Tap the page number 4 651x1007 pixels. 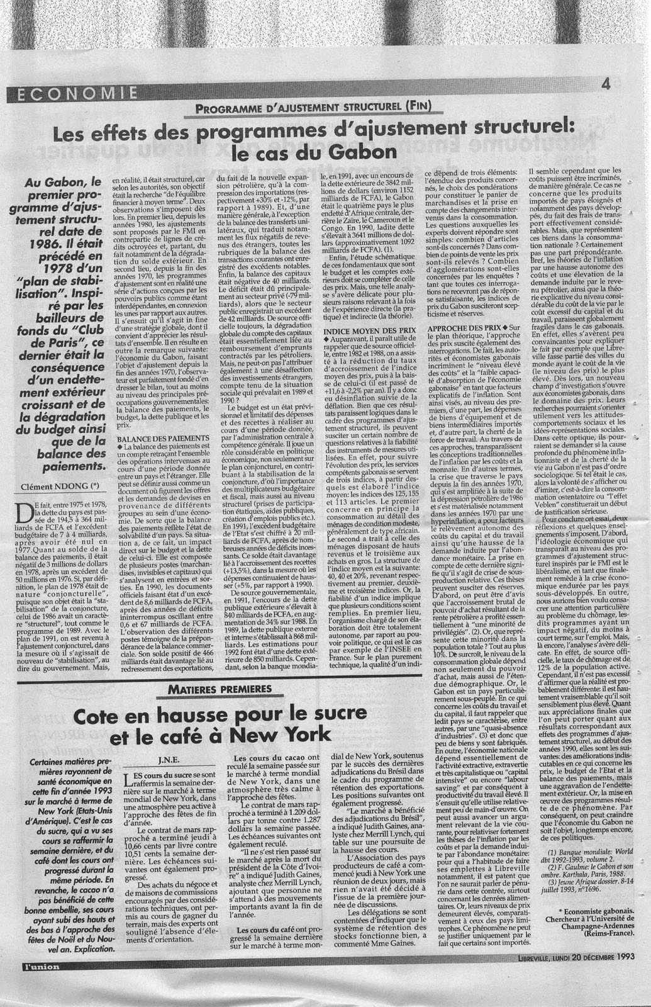click(606, 84)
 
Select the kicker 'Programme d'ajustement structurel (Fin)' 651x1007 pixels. click(313, 106)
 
